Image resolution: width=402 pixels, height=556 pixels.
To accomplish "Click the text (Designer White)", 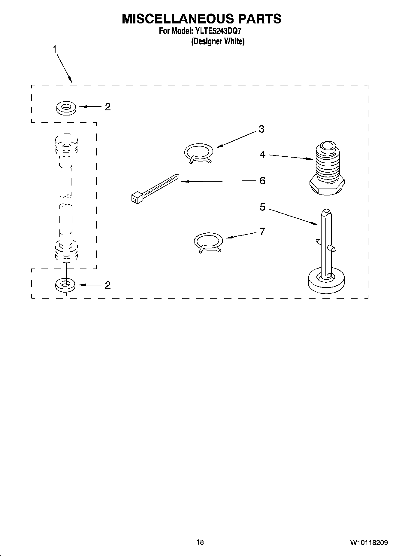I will [x=218, y=41].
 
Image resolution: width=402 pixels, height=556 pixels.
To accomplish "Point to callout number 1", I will [x=55, y=49].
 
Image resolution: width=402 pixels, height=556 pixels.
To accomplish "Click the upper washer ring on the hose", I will [x=66, y=108].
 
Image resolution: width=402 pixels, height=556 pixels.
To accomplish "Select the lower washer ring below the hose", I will [x=65, y=284].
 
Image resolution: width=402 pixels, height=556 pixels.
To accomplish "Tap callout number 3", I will [x=261, y=129].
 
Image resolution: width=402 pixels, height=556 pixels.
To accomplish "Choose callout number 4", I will [x=262, y=155].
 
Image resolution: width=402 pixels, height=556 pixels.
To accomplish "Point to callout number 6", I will [x=262, y=181].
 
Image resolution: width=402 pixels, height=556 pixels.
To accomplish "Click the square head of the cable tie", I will [x=136, y=197].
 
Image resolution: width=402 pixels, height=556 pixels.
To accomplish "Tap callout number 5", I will [x=262, y=207].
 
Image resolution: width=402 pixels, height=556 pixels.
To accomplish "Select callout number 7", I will [x=262, y=231].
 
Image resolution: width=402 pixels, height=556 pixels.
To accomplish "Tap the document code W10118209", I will [x=369, y=542].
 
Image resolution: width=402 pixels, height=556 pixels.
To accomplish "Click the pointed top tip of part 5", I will [x=326, y=211].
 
